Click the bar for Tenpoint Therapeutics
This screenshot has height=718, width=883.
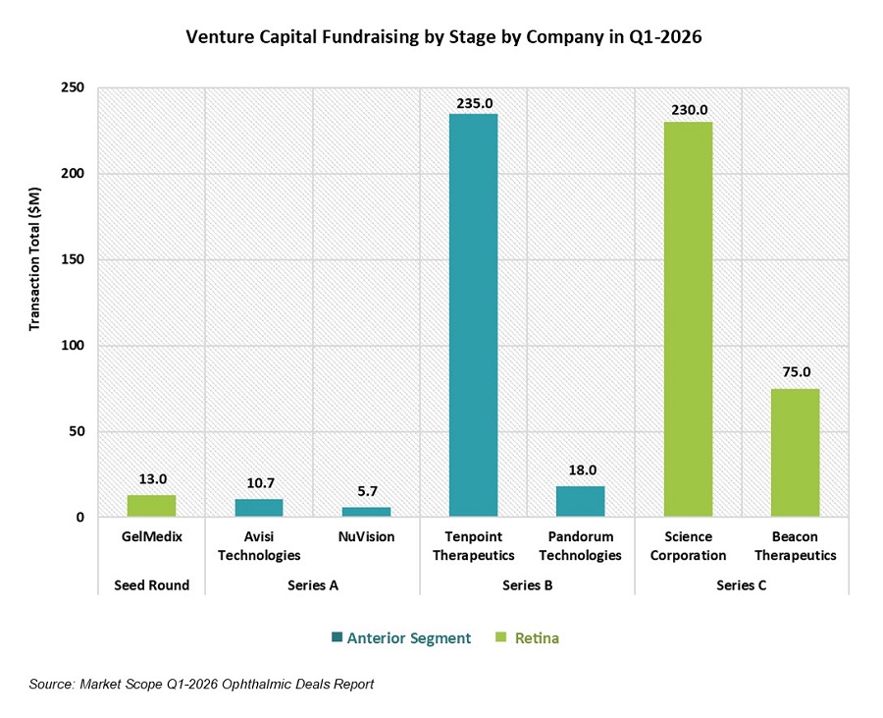click(473, 314)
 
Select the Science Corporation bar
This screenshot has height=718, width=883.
click(688, 319)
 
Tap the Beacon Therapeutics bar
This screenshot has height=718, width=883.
click(795, 452)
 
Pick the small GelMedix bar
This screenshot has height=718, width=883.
click(151, 506)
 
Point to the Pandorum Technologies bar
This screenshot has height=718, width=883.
click(580, 501)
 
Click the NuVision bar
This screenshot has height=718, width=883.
click(366, 512)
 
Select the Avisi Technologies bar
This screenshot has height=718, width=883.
click(259, 508)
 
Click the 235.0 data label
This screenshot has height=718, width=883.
click(473, 102)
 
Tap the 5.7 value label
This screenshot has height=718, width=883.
click(366, 496)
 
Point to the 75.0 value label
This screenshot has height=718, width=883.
click(795, 372)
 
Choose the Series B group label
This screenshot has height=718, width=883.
click(527, 584)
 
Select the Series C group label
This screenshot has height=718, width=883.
click(741, 584)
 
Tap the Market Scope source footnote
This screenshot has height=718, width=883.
click(200, 684)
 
